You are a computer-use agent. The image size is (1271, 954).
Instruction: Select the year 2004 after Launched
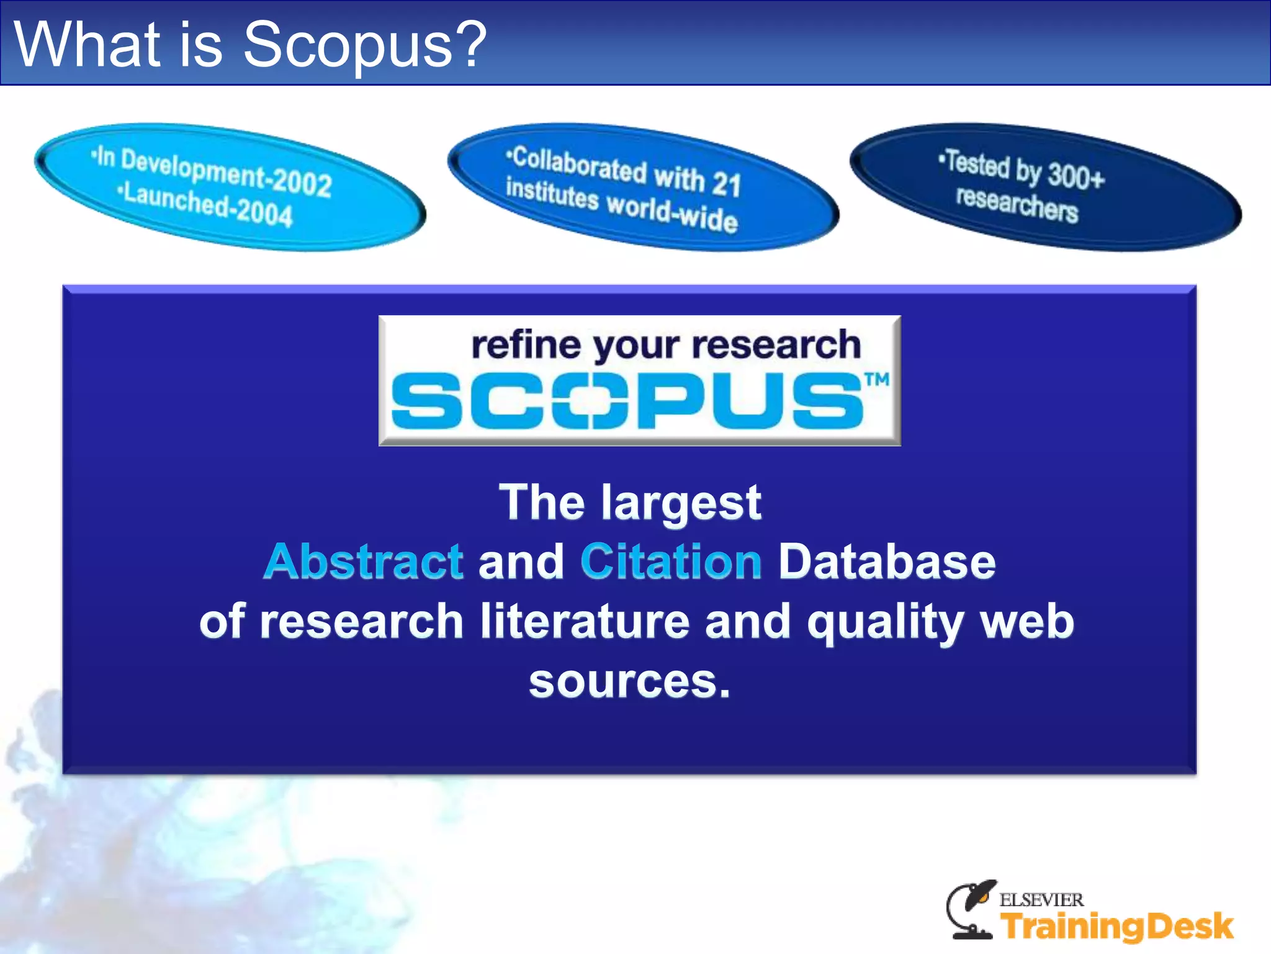[264, 212]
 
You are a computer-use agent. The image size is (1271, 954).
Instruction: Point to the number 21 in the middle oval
[726, 184]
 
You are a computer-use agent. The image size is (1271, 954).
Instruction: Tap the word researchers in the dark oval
[1017, 204]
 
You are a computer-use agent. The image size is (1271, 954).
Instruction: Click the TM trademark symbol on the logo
[877, 379]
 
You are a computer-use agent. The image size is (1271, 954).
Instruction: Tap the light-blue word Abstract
[364, 561]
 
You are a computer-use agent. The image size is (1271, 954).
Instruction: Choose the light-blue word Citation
[671, 561]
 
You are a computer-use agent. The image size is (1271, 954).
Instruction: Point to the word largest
[681, 503]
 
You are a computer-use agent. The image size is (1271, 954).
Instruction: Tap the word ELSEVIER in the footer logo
[1041, 899]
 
